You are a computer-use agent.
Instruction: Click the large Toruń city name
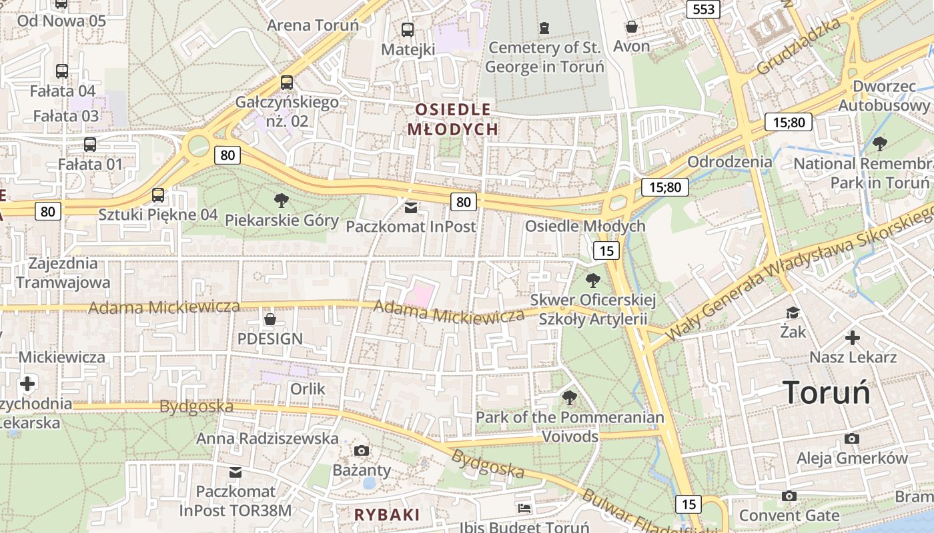[x=827, y=392]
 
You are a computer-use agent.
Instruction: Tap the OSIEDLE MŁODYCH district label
[x=453, y=119]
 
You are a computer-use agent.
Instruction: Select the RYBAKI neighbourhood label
[x=387, y=515]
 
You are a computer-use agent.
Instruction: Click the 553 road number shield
[x=704, y=9]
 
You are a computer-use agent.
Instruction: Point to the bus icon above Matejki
[x=407, y=29]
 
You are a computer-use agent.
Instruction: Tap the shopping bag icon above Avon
[x=631, y=27]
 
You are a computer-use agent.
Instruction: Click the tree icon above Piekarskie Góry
[x=282, y=200]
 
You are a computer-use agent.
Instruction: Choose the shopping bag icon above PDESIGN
[x=270, y=319]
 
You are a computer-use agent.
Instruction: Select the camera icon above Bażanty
[x=362, y=450]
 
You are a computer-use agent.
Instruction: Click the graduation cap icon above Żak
[x=793, y=312]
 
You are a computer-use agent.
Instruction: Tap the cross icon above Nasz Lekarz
[x=852, y=338]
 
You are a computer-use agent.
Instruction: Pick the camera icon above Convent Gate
[x=789, y=496]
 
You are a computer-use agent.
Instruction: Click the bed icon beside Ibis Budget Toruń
[x=524, y=508]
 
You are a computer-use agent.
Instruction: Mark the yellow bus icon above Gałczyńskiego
[x=286, y=82]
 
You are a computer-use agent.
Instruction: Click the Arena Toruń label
[x=313, y=25]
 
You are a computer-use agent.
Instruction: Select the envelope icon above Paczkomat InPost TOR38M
[x=235, y=472]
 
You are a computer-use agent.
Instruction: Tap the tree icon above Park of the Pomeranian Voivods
[x=569, y=398]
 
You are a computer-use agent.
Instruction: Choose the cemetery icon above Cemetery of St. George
[x=544, y=28]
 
